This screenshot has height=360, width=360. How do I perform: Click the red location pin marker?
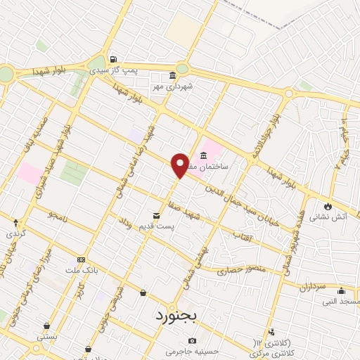point(180,165)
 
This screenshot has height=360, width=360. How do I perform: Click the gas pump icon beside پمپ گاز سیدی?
point(113,60)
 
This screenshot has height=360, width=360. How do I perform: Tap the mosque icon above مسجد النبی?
point(342,291)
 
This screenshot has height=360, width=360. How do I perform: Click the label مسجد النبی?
point(340,302)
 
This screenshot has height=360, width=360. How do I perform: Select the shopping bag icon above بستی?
point(46,326)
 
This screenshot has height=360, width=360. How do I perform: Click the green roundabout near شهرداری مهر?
point(182,69)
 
